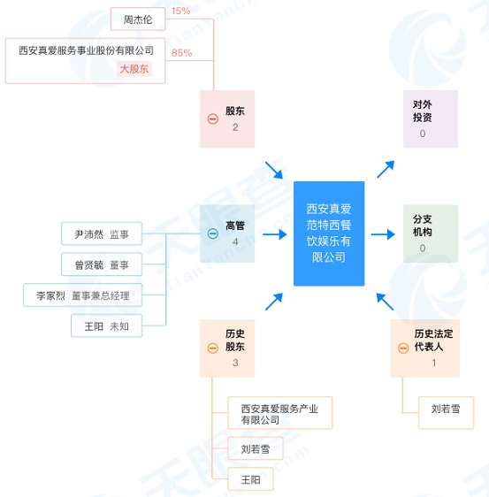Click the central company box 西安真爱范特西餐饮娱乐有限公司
329,233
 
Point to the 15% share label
180,11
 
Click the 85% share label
182,53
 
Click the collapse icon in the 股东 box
212,119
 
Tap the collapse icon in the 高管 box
212,233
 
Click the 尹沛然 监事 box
102,234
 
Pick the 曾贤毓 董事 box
102,264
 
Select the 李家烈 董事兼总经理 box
82,295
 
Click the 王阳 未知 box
106,326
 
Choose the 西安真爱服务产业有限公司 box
279,413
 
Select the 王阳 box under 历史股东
250,479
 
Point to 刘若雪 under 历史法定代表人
446,409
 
